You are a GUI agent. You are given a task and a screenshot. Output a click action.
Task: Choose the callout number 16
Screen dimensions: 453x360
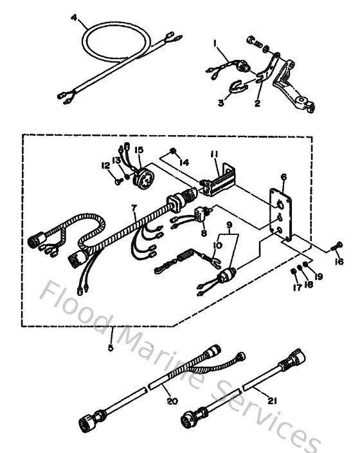pyautogui.click(x=339, y=261)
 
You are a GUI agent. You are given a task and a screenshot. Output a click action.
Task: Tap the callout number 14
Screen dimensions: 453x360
pyautogui.click(x=185, y=163)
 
